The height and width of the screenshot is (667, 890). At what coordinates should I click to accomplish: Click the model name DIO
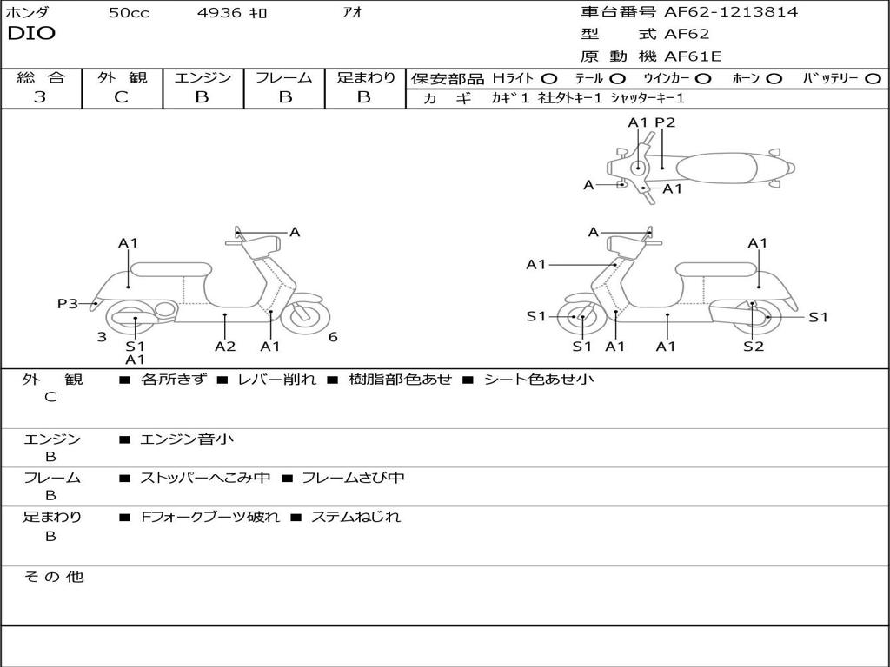pyautogui.click(x=31, y=34)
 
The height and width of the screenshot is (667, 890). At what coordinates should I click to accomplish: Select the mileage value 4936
pyautogui.click(x=218, y=13)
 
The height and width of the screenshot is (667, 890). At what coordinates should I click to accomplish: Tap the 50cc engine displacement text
pyautogui.click(x=129, y=13)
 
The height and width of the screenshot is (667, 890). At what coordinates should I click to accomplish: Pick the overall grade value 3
pyautogui.click(x=40, y=97)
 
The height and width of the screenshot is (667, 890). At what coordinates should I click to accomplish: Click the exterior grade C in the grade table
pyautogui.click(x=121, y=97)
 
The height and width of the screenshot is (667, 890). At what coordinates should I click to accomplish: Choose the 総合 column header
pyautogui.click(x=40, y=78)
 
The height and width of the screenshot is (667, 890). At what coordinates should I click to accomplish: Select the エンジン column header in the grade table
pyautogui.click(x=203, y=78)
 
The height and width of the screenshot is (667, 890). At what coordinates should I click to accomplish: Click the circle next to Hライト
pyautogui.click(x=549, y=79)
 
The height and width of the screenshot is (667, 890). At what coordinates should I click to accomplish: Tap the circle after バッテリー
pyautogui.click(x=873, y=79)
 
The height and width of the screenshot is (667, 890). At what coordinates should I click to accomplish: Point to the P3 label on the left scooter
pyautogui.click(x=68, y=304)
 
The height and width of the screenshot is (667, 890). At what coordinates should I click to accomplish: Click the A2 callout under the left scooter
pyautogui.click(x=225, y=347)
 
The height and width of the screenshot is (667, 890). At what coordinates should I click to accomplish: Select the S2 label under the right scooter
pyautogui.click(x=754, y=347)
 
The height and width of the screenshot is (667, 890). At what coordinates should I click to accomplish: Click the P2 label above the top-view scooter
pyautogui.click(x=665, y=122)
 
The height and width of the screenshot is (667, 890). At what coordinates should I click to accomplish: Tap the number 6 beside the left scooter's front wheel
pyautogui.click(x=333, y=337)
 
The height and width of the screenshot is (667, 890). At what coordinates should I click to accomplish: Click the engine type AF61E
pyautogui.click(x=693, y=56)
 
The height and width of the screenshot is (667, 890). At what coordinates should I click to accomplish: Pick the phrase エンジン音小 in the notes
pyautogui.click(x=187, y=439)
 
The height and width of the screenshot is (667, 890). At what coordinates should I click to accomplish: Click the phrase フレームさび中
pyautogui.click(x=353, y=478)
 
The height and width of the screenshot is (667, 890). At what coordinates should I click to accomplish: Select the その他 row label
pyautogui.click(x=53, y=577)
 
